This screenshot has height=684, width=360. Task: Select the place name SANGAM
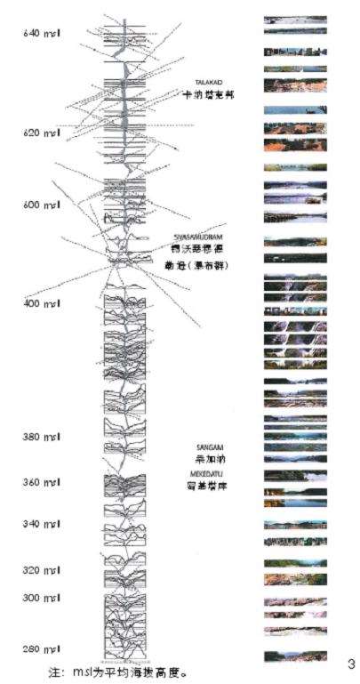coord(207,447)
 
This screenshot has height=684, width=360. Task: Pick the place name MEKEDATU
coord(205,475)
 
